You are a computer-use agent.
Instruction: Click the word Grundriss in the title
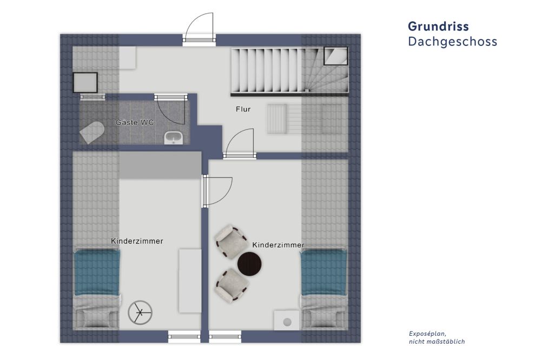[x=438, y=26]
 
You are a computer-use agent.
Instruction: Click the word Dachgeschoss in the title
[x=452, y=42]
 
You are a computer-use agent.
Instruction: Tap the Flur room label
[x=243, y=109]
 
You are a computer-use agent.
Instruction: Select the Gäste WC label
[x=135, y=122]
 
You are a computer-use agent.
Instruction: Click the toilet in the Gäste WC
[x=92, y=132]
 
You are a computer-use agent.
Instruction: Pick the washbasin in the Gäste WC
[x=174, y=138]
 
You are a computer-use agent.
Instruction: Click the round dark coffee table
[x=249, y=264]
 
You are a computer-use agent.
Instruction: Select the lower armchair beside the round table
[x=232, y=285]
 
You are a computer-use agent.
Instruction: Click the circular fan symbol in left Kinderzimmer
[x=140, y=312]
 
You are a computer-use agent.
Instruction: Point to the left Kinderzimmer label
[x=137, y=241]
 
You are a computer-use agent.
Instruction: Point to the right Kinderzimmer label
[x=278, y=245]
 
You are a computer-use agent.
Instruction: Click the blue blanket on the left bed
[x=97, y=272]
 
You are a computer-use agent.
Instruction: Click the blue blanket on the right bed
[x=324, y=272]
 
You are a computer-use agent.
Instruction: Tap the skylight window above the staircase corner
[x=335, y=56]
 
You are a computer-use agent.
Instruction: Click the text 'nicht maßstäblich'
[x=437, y=342]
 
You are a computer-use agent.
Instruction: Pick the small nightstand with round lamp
[x=287, y=321]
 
